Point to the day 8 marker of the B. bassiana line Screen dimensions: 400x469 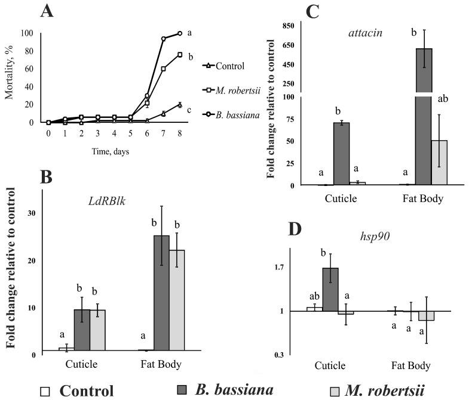[x=179, y=33]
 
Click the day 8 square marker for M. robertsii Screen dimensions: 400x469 [x=179, y=55]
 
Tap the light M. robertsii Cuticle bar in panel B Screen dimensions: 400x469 [x=97, y=330]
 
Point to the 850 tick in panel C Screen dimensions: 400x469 [x=290, y=26]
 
